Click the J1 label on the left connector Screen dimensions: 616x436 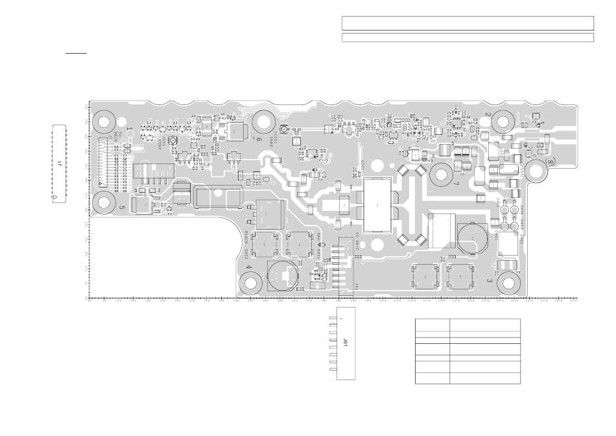pos(60,163)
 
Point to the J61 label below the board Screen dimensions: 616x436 pos(346,343)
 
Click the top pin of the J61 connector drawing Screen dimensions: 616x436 pos(333,319)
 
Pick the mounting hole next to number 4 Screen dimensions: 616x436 pos(251,283)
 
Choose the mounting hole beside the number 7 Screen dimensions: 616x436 pos(442,175)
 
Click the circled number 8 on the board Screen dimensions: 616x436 pos(551,160)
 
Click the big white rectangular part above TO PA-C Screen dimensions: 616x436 pos(377,204)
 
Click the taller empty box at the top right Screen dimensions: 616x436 pos(468,23)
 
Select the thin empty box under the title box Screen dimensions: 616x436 pos(468,38)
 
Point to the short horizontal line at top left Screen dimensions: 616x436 pos(76,54)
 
